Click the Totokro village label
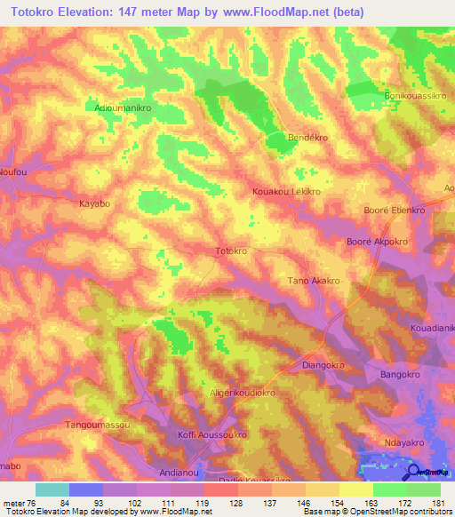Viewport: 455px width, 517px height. pyautogui.click(x=232, y=252)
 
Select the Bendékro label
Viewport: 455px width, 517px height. pyautogui.click(x=309, y=139)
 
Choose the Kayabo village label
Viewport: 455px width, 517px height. pyautogui.click(x=95, y=203)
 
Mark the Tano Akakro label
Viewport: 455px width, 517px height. pyautogui.click(x=313, y=281)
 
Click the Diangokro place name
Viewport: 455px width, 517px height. pyautogui.click(x=323, y=363)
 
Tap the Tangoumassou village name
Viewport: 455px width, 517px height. pyautogui.click(x=99, y=426)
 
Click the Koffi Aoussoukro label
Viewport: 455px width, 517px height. pyautogui.click(x=212, y=435)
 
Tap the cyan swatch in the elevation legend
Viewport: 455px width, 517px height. pyautogui.click(x=52, y=489)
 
